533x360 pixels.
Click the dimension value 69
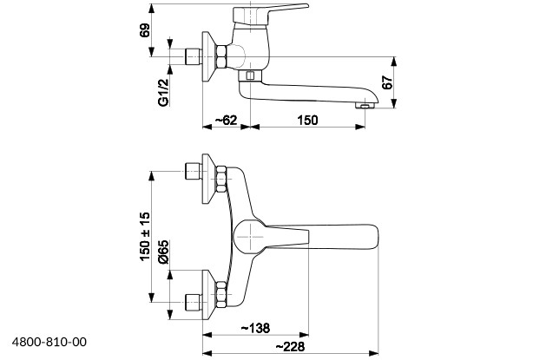click(x=144, y=30)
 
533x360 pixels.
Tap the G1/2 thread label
click(x=163, y=92)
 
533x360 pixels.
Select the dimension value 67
click(x=387, y=82)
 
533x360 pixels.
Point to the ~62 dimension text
click(x=226, y=120)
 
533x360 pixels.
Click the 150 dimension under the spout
click(x=307, y=120)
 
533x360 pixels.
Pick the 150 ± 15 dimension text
click(x=144, y=236)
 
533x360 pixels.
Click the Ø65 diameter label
click(x=163, y=252)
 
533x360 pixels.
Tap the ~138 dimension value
click(x=255, y=328)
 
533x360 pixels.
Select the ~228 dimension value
click(x=290, y=347)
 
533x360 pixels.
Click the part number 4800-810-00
click(x=49, y=342)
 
